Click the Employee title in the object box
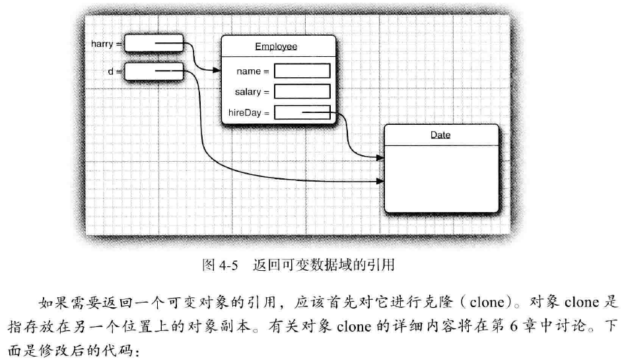click(x=276, y=46)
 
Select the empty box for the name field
click(x=302, y=71)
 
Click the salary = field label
click(x=252, y=92)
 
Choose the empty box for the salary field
click(x=302, y=92)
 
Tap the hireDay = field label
click(x=249, y=113)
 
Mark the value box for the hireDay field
click(x=302, y=113)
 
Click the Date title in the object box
click(x=440, y=135)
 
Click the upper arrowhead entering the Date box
click(x=380, y=159)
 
